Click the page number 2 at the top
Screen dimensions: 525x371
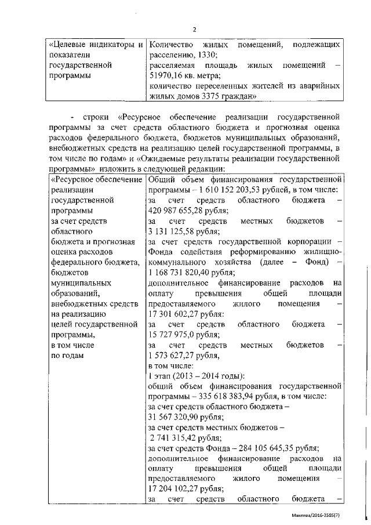click(194, 30)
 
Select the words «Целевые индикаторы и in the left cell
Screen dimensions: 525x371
click(95, 44)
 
